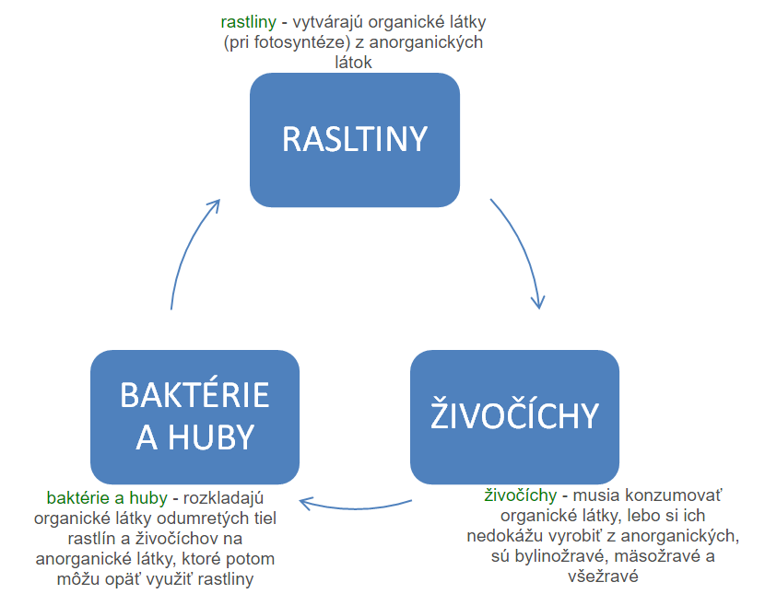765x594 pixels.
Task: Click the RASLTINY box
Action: point(355,140)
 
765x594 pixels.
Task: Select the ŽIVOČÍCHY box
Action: point(514,416)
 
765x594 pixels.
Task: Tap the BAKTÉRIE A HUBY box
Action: point(194,416)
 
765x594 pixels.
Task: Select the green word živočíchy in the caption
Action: point(520,495)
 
